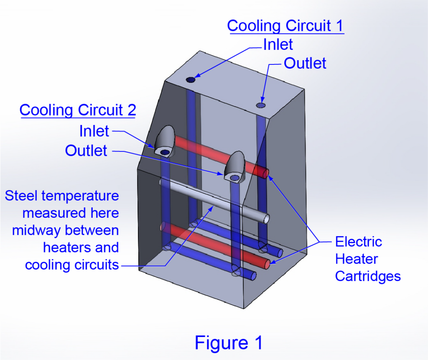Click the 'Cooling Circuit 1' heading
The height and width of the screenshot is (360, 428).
285,26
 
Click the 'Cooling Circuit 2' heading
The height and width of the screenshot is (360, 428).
78,110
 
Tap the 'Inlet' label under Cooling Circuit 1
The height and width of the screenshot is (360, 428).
278,44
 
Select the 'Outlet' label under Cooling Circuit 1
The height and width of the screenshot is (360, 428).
305,63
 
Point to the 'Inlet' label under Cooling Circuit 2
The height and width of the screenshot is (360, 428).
94,131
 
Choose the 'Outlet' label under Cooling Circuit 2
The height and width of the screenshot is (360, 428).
86,151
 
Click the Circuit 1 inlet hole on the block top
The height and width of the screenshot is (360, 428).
191,79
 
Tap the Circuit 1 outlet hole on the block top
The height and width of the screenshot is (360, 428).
261,105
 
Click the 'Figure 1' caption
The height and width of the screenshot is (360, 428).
229,343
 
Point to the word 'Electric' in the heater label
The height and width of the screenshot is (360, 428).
359,242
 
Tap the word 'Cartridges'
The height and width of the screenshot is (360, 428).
368,276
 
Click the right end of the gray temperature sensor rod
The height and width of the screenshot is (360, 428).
266,219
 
